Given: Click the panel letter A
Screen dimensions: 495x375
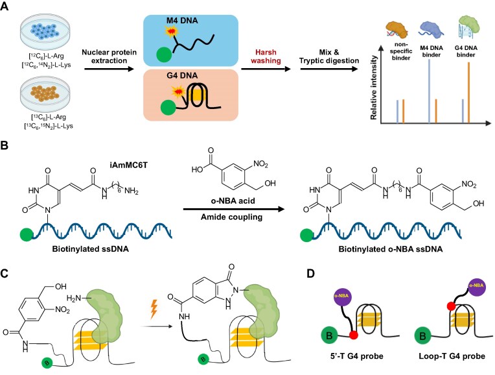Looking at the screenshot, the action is point(5,6).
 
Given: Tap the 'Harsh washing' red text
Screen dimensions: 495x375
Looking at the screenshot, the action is point(266,56).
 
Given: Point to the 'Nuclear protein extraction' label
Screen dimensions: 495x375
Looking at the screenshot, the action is point(109,56).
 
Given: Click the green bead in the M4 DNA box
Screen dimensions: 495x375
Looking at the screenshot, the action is point(164,54).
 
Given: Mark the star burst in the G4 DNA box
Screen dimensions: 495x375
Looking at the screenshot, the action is point(179,91).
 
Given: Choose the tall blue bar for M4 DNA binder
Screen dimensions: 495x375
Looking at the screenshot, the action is point(430,91).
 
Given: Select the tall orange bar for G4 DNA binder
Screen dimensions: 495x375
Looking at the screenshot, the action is point(468,92).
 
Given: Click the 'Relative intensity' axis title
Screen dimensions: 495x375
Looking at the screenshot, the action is point(374,88).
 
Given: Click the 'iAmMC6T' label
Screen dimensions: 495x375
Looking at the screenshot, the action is point(128,165).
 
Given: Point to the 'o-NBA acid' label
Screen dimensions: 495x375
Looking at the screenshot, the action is point(233,200).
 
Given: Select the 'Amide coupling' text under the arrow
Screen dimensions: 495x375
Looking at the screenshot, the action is point(232,217).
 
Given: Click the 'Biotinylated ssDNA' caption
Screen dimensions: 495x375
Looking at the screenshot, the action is point(91,249).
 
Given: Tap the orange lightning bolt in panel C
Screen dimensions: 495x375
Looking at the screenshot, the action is point(154,309).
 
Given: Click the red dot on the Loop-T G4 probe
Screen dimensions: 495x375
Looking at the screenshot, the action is point(451,306).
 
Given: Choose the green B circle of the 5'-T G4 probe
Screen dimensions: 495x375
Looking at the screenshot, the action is point(329,335).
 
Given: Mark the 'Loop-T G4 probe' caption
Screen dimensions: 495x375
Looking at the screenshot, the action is point(452,356).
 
